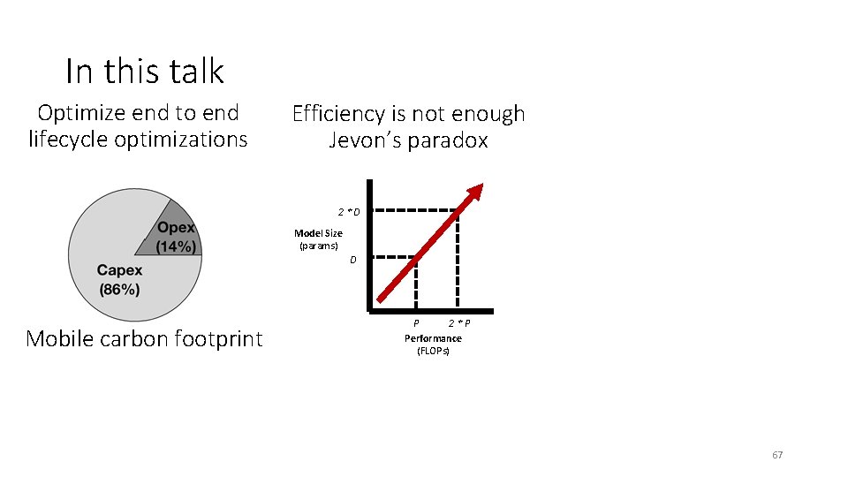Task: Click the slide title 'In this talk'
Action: (145, 71)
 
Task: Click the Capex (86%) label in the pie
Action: (119, 279)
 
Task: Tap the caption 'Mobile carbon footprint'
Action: (144, 339)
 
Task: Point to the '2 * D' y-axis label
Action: (348, 212)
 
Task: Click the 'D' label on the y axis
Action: (352, 261)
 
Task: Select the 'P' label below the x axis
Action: (416, 323)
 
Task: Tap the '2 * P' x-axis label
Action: (458, 323)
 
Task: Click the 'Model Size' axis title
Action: (318, 233)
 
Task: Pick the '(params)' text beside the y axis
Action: (319, 246)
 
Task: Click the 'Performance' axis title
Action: (433, 338)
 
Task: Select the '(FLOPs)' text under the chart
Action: (433, 352)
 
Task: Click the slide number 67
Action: (777, 455)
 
